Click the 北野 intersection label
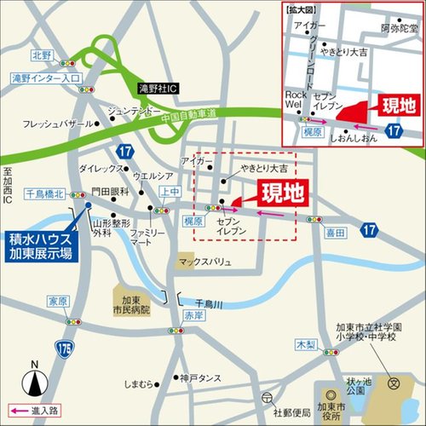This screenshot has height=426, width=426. point(42,55)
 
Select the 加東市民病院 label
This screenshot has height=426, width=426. point(133,302)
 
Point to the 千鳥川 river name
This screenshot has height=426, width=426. point(207,302)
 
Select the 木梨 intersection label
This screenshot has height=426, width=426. point(305,344)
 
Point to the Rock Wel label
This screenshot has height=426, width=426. point(294,99)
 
